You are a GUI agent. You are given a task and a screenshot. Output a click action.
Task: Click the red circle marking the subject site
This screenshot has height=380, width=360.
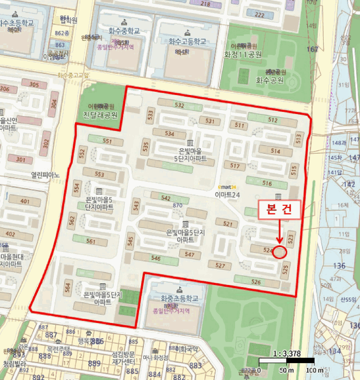(280, 252)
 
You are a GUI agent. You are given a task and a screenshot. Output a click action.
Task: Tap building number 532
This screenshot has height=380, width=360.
(179, 105)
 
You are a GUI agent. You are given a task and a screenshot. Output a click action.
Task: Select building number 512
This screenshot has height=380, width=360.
(273, 120)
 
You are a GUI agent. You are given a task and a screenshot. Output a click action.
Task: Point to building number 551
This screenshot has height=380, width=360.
(106, 141)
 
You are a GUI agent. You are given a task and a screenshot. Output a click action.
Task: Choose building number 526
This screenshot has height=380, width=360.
(256, 282)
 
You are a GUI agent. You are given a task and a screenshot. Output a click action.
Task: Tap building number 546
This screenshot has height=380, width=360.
(156, 259)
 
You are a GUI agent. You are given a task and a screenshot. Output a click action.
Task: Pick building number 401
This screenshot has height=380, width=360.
(25, 201)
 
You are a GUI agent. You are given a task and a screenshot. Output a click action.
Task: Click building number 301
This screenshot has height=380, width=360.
(21, 160)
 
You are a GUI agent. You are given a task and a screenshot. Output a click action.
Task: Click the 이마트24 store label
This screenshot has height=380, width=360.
(227, 194)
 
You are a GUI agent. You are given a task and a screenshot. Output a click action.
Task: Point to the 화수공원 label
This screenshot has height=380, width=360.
(270, 79)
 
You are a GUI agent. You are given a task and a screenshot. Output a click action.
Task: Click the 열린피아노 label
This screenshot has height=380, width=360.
(46, 175)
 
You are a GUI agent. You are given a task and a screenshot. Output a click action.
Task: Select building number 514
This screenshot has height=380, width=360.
(275, 151)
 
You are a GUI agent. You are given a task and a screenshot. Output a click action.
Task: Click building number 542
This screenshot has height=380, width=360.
(167, 198)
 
